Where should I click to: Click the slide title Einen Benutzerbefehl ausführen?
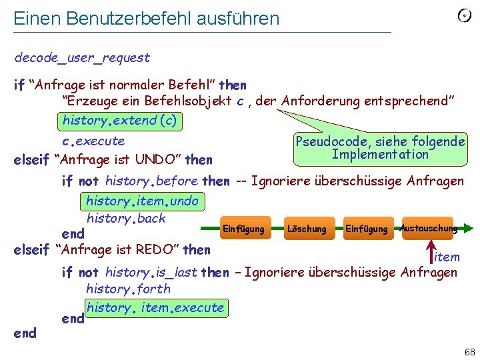[147, 18]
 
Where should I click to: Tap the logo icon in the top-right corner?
[464, 15]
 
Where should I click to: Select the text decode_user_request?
[82, 58]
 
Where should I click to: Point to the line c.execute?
[93, 141]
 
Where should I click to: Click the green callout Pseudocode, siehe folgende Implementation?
[380, 148]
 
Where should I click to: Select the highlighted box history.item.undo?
[143, 201]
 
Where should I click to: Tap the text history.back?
[125, 218]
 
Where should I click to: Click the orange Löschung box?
[307, 229]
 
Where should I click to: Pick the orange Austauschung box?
[428, 228]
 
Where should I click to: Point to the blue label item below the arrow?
[447, 257]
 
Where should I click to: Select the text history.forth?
[128, 289]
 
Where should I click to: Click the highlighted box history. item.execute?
[155, 307]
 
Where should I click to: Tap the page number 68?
[469, 351]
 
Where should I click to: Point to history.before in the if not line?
[151, 181]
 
